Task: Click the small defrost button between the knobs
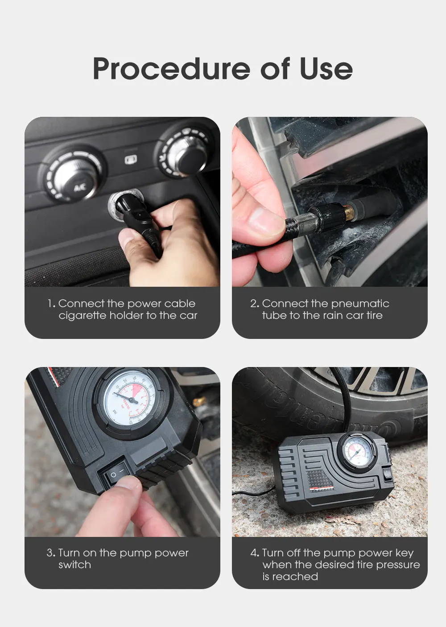[131, 159]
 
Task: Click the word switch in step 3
[74, 565]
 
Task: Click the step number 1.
[51, 304]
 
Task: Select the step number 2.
[254, 304]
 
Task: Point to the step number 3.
[50, 553]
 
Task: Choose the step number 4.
[254, 553]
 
